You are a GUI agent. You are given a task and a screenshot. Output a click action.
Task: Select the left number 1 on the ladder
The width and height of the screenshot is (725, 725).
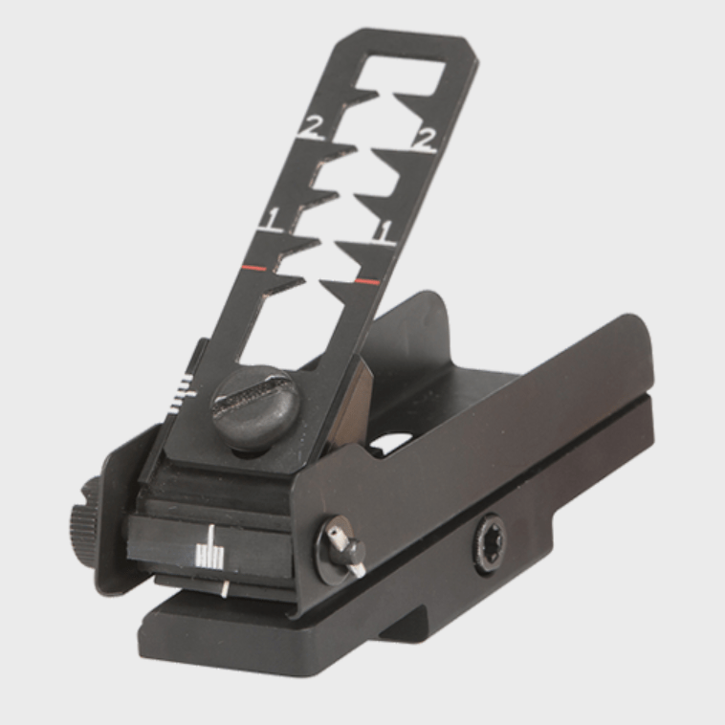tap(271, 219)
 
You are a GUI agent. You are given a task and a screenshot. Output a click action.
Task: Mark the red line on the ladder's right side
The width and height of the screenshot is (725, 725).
tap(366, 282)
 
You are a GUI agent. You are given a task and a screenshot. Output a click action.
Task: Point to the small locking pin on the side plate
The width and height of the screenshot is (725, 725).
tap(344, 550)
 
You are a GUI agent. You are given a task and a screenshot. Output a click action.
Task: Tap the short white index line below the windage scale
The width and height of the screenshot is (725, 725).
tap(223, 587)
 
